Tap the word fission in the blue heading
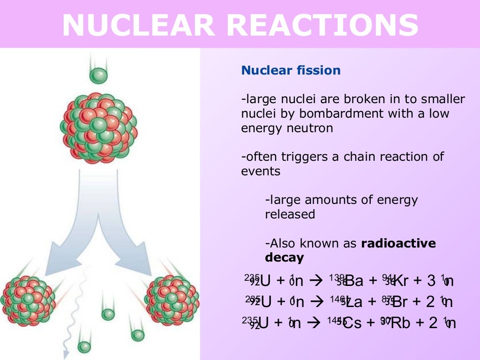click(x=318, y=71)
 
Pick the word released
click(x=290, y=215)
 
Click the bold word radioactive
click(x=398, y=243)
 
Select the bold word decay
click(x=284, y=258)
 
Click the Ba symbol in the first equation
click(x=354, y=281)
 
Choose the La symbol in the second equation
click(x=354, y=302)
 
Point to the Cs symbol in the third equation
click(x=352, y=323)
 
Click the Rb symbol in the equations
click(x=400, y=323)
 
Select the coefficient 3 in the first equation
click(x=431, y=281)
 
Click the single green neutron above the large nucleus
click(x=99, y=75)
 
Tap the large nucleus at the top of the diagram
click(x=98, y=127)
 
